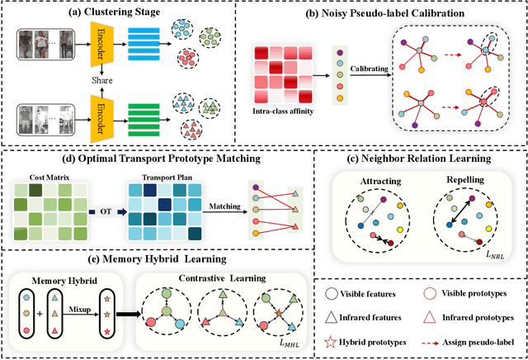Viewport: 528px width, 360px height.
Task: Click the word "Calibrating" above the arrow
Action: (365, 81)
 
